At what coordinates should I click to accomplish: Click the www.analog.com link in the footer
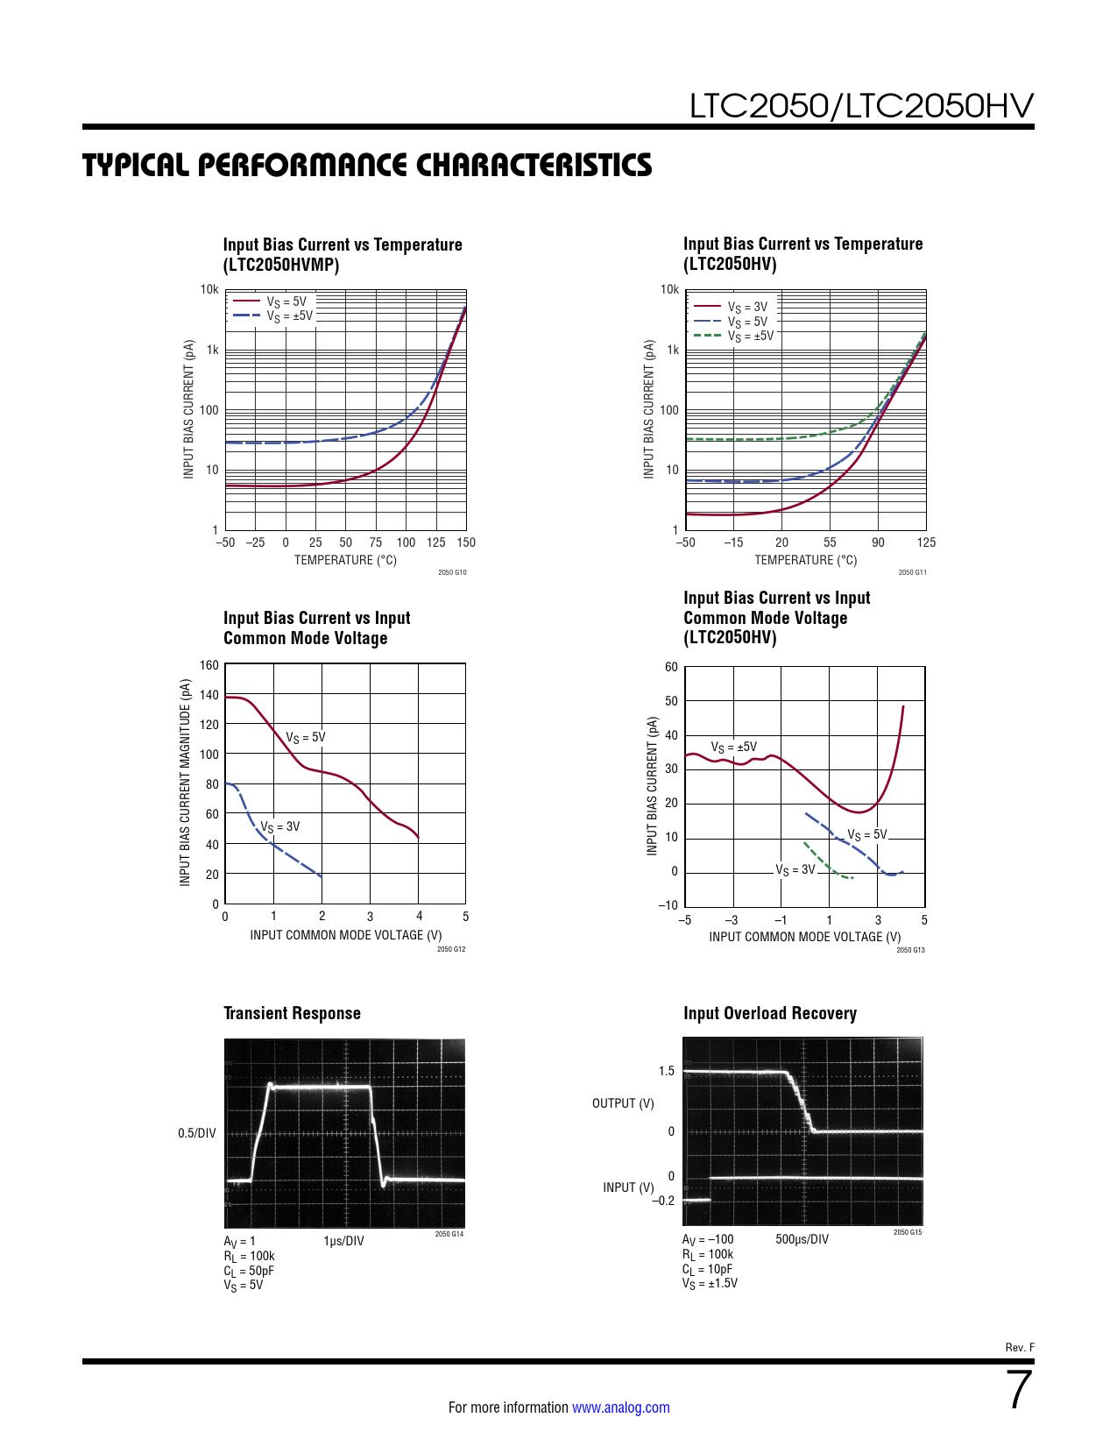(x=620, y=1407)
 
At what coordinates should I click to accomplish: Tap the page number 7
(x=1019, y=1390)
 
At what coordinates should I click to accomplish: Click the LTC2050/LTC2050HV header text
(x=861, y=106)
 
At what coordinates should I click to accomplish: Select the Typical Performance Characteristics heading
(x=367, y=166)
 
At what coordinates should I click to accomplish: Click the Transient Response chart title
(x=292, y=1013)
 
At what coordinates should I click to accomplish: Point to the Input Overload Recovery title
(x=769, y=1013)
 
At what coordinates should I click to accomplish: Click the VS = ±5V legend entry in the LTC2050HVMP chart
(x=289, y=315)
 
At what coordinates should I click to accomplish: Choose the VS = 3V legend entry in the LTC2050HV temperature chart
(x=747, y=307)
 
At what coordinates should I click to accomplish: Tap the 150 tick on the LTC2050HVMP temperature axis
(x=466, y=542)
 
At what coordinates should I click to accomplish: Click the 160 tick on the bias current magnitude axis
(x=209, y=665)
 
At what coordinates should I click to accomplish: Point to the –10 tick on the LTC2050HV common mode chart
(x=668, y=905)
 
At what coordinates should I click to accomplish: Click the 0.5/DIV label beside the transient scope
(x=196, y=1133)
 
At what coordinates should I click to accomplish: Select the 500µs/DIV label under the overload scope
(x=802, y=1239)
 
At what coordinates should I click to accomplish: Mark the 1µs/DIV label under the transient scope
(x=343, y=1241)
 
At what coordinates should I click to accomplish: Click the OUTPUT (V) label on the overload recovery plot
(x=623, y=1103)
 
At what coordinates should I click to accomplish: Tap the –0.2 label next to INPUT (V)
(x=663, y=1201)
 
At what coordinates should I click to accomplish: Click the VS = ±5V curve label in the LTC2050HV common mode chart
(x=733, y=748)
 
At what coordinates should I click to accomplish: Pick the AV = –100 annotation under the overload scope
(x=708, y=1239)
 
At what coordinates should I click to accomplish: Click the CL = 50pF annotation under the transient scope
(x=249, y=1271)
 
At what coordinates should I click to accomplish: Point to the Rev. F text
(x=1019, y=1347)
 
